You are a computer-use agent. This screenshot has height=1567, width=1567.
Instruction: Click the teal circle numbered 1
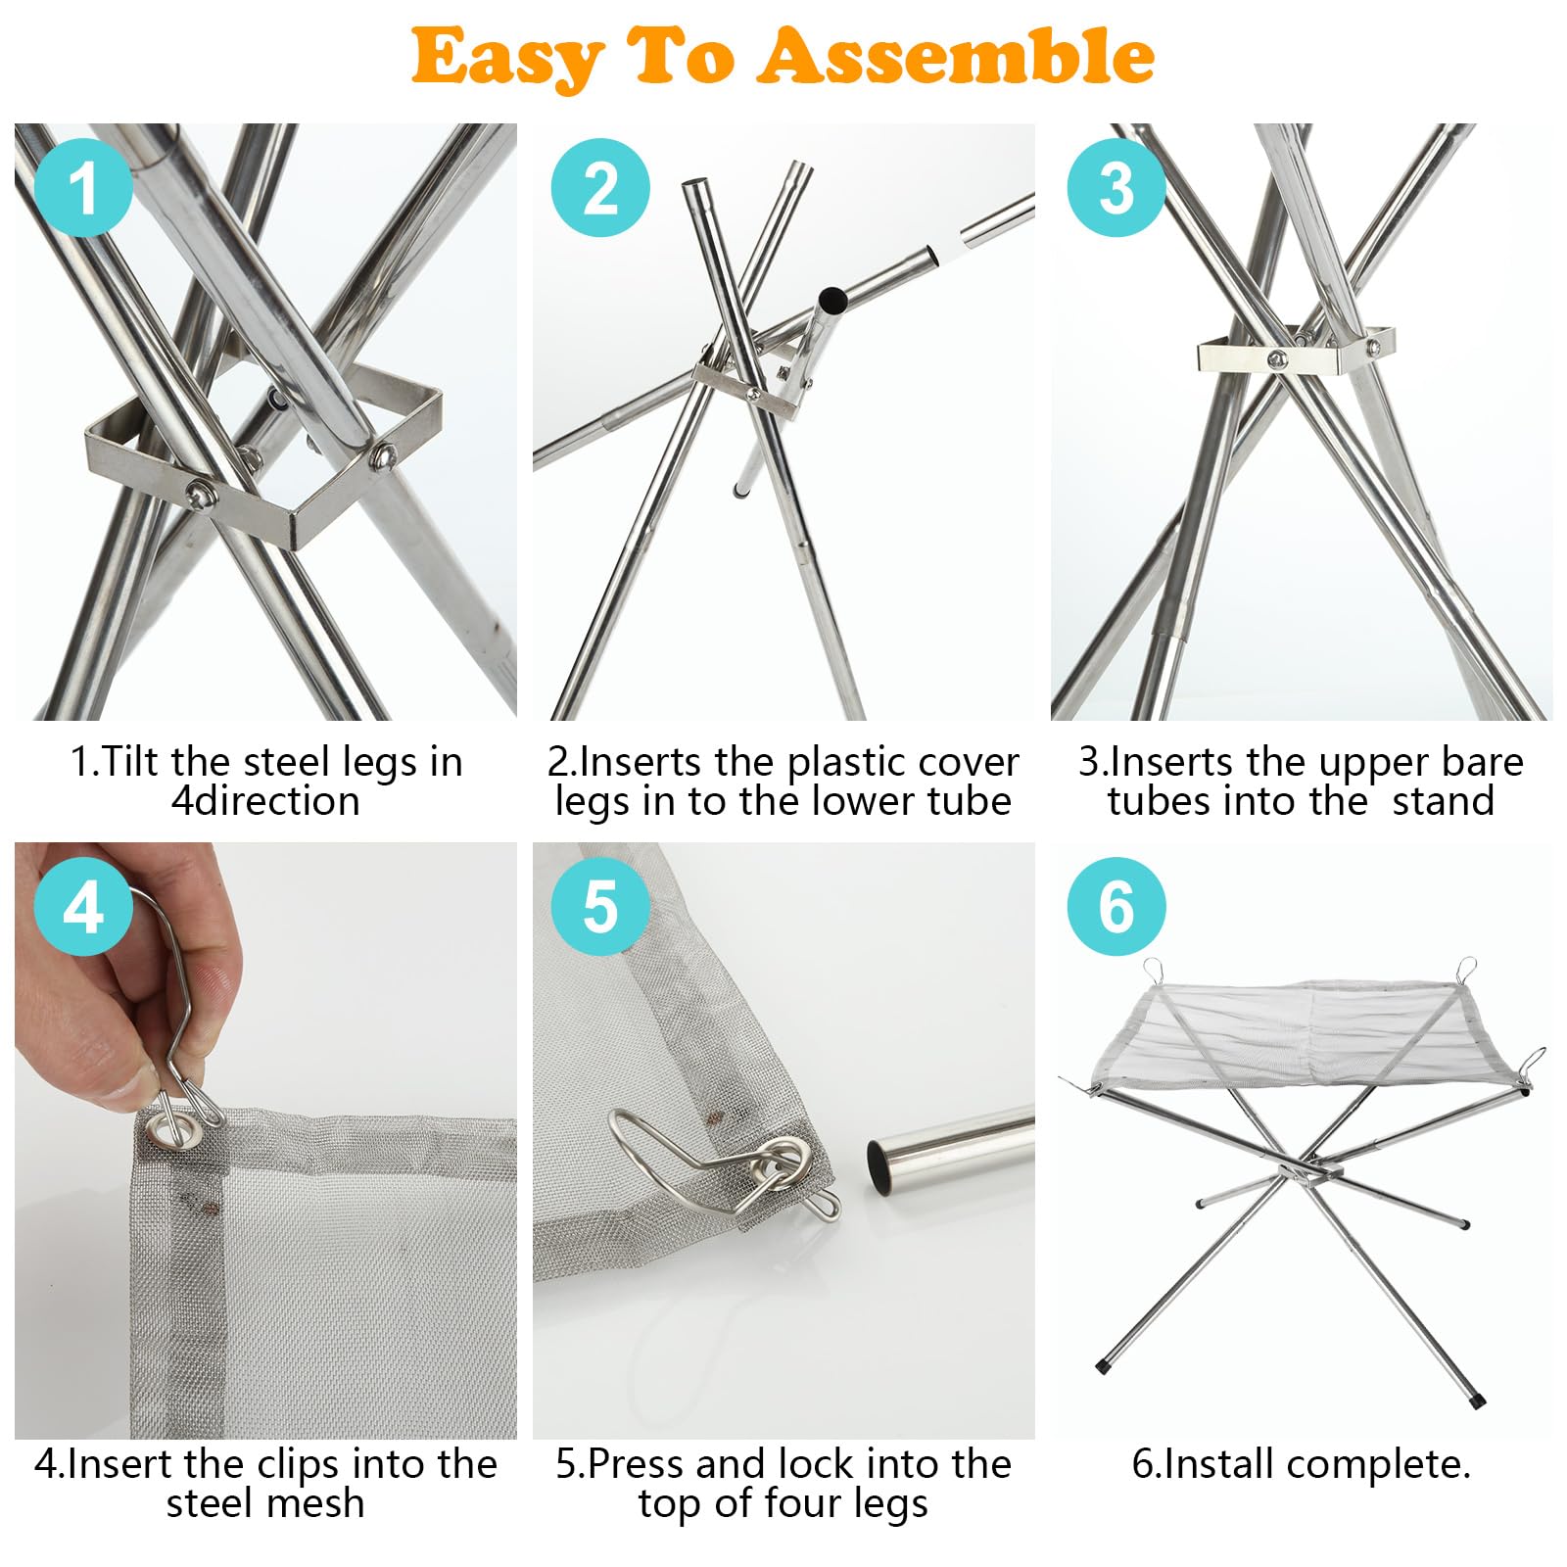[83, 187]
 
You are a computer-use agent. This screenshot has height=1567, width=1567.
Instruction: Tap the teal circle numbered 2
[600, 187]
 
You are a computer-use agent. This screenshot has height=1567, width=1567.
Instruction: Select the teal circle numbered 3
[1116, 187]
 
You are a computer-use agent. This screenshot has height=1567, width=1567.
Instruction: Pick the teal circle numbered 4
[83, 907]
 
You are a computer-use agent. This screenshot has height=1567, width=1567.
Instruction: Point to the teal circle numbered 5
[600, 907]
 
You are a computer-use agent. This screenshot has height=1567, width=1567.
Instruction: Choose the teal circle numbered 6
[1116, 907]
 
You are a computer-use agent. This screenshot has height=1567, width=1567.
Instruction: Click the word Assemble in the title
[956, 56]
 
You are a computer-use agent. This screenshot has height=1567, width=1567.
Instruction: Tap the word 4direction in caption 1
[265, 801]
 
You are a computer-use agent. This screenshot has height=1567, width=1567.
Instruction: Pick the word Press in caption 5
[638, 1464]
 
